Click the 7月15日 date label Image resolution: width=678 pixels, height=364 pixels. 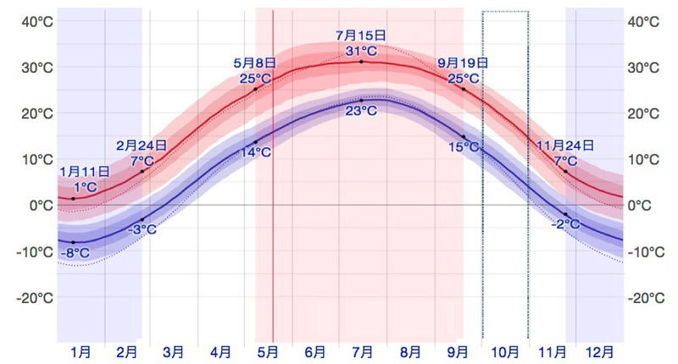click(x=361, y=36)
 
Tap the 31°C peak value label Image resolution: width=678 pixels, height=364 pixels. click(x=361, y=51)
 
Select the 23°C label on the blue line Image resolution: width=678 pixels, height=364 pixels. click(x=361, y=111)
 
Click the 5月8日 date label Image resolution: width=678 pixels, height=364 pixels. click(x=254, y=63)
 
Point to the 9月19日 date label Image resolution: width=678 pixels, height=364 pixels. click(x=463, y=63)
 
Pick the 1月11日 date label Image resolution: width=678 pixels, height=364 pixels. click(x=85, y=172)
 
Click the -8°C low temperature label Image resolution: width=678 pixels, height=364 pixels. click(x=75, y=252)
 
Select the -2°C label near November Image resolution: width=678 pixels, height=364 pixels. click(x=565, y=224)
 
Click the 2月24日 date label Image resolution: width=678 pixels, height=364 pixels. click(x=142, y=146)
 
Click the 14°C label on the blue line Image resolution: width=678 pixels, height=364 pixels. click(x=255, y=152)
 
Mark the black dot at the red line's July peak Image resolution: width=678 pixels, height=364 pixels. click(x=361, y=62)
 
